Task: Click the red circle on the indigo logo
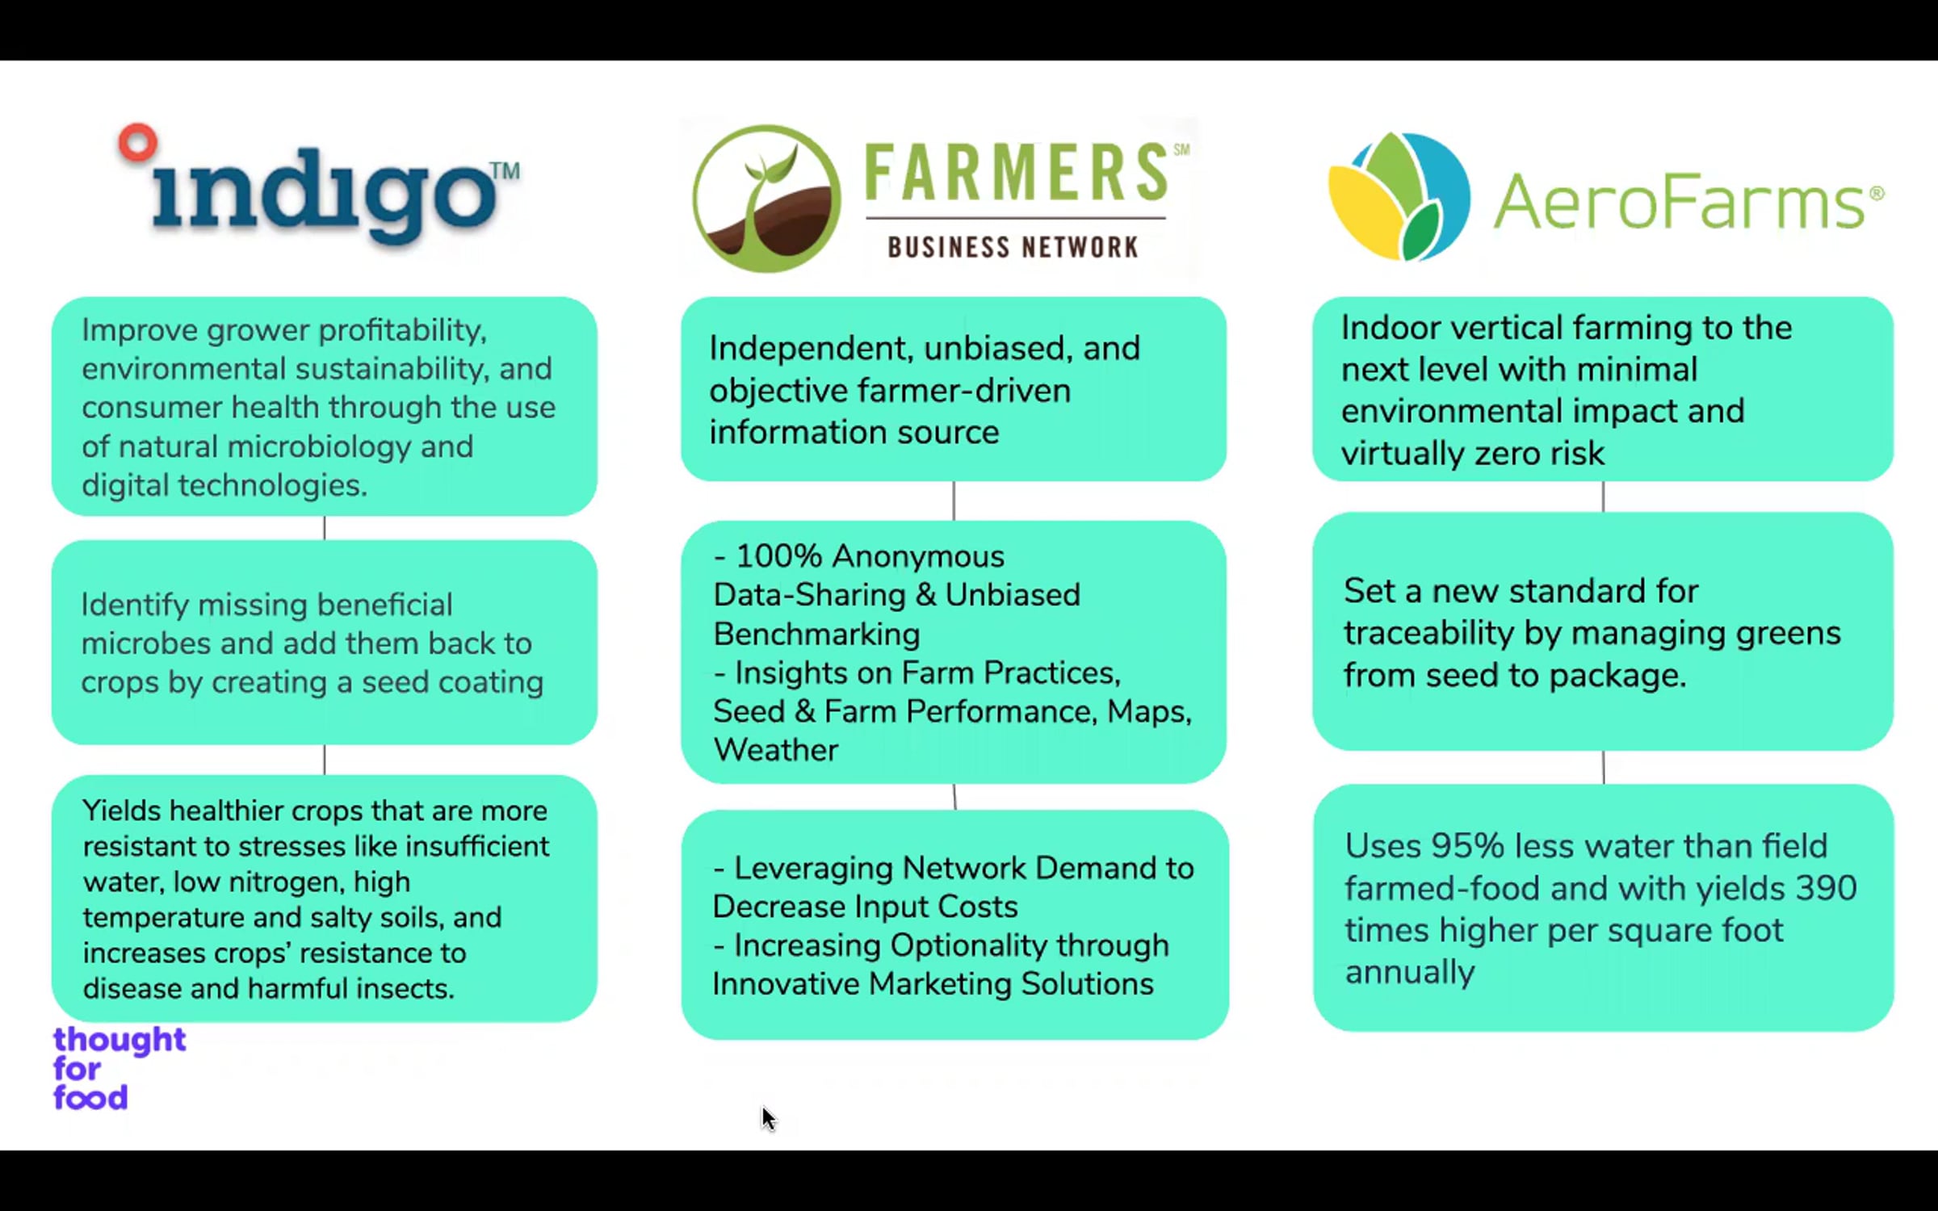(137, 143)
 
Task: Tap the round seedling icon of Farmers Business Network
(766, 199)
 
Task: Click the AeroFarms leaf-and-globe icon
(1399, 196)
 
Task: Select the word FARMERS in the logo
(1016, 172)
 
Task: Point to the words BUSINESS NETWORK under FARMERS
(1013, 247)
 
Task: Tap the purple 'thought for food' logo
(120, 1068)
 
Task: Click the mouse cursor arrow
(768, 1119)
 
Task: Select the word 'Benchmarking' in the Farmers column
(816, 635)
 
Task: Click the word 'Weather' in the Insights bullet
(776, 750)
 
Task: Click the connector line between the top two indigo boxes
(325, 528)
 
